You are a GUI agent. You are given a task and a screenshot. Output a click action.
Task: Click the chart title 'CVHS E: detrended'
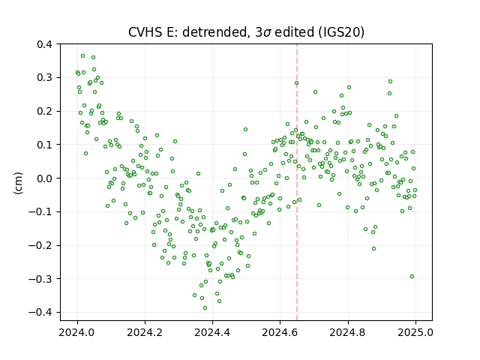coord(187,31)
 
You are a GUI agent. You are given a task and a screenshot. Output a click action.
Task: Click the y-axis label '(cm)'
coord(18,183)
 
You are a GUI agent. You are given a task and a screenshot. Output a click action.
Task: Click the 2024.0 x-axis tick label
coord(77,332)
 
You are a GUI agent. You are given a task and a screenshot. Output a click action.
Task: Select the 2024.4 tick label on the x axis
coord(212,332)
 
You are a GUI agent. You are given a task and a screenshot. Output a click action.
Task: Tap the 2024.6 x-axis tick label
coord(280,332)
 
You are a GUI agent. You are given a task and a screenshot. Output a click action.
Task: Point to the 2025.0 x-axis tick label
coord(415,332)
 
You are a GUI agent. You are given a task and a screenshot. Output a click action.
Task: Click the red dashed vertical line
coord(297,182)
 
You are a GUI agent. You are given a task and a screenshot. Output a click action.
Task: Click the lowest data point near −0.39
coord(205,307)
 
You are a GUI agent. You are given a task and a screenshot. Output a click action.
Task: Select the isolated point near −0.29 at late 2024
coord(412,277)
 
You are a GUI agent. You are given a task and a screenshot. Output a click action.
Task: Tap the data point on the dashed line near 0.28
coord(297,83)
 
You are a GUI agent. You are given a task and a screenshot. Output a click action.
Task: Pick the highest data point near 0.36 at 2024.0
coord(83,56)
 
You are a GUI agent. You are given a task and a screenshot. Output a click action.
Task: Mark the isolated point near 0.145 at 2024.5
coord(245,130)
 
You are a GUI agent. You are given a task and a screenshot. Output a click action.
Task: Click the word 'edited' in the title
coord(295,31)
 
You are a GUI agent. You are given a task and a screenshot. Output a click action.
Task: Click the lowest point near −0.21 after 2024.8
coord(373,248)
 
